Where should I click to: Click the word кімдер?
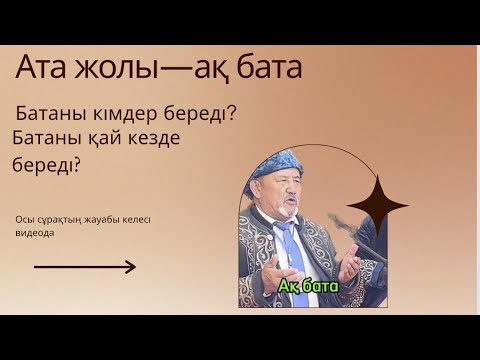point(123,113)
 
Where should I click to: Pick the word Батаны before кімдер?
point(56,113)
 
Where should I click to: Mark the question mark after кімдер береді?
point(232,113)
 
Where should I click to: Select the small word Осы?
point(25,220)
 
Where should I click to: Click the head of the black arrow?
point(131,267)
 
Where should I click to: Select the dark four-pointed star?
point(377,206)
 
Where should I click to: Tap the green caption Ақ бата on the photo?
point(309,287)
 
